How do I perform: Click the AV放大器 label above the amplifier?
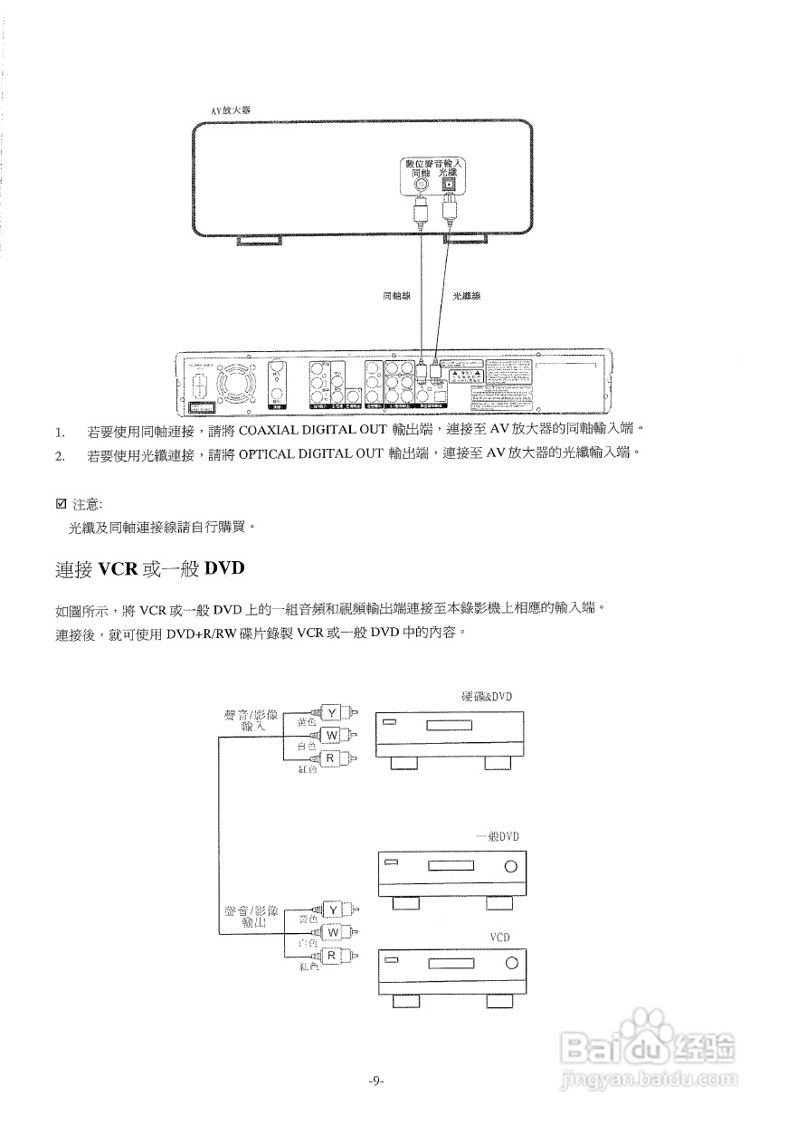coord(230,110)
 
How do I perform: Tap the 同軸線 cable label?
coord(398,295)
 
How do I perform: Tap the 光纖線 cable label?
coord(466,295)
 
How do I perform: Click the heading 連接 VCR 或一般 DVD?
coord(150,569)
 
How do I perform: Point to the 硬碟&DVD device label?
coord(487,696)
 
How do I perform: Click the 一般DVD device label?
coord(498,836)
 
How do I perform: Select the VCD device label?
coord(501,938)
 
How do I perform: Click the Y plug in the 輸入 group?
coord(332,713)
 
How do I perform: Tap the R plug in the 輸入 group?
coord(332,757)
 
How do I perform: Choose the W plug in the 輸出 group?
coord(332,931)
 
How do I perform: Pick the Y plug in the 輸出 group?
coord(332,909)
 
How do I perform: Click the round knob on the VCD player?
coord(511,963)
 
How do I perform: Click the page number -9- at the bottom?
coord(377,1081)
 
